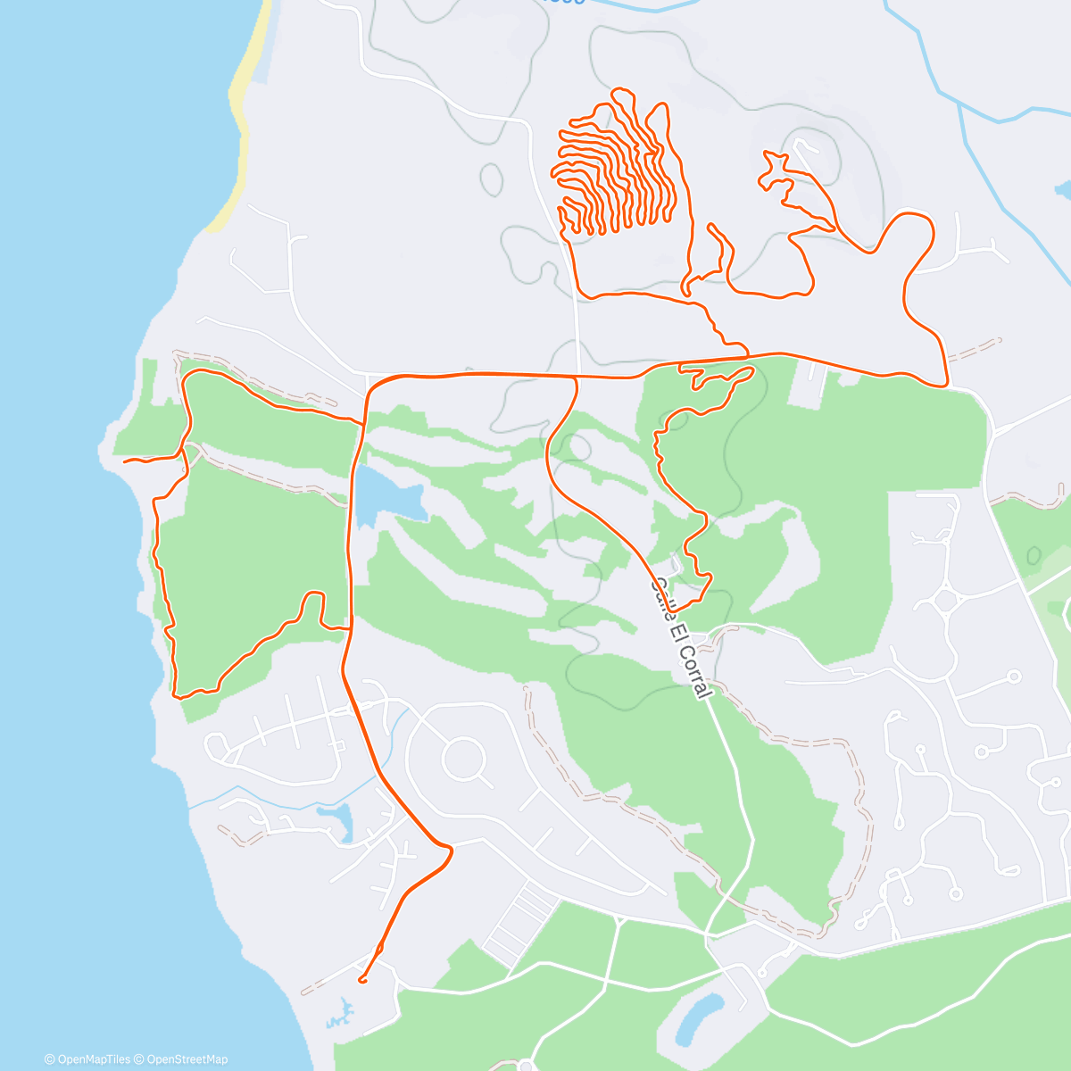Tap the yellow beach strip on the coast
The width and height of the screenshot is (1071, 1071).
point(242,116)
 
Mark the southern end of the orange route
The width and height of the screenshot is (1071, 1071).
point(361,980)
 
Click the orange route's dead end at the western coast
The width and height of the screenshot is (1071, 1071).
point(125,461)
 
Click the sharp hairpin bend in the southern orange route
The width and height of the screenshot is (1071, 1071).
point(450,851)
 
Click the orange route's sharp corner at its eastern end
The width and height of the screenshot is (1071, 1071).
point(945,385)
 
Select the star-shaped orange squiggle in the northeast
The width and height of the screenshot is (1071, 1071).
point(776,170)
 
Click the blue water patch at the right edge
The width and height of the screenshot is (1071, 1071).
point(1063,189)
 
